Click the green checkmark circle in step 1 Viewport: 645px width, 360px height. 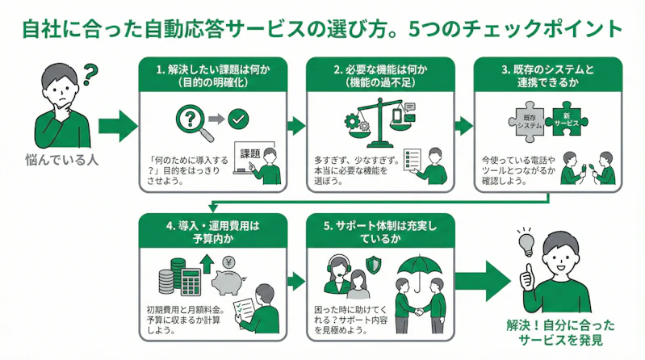[239, 120]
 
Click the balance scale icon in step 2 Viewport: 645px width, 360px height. [373, 116]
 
